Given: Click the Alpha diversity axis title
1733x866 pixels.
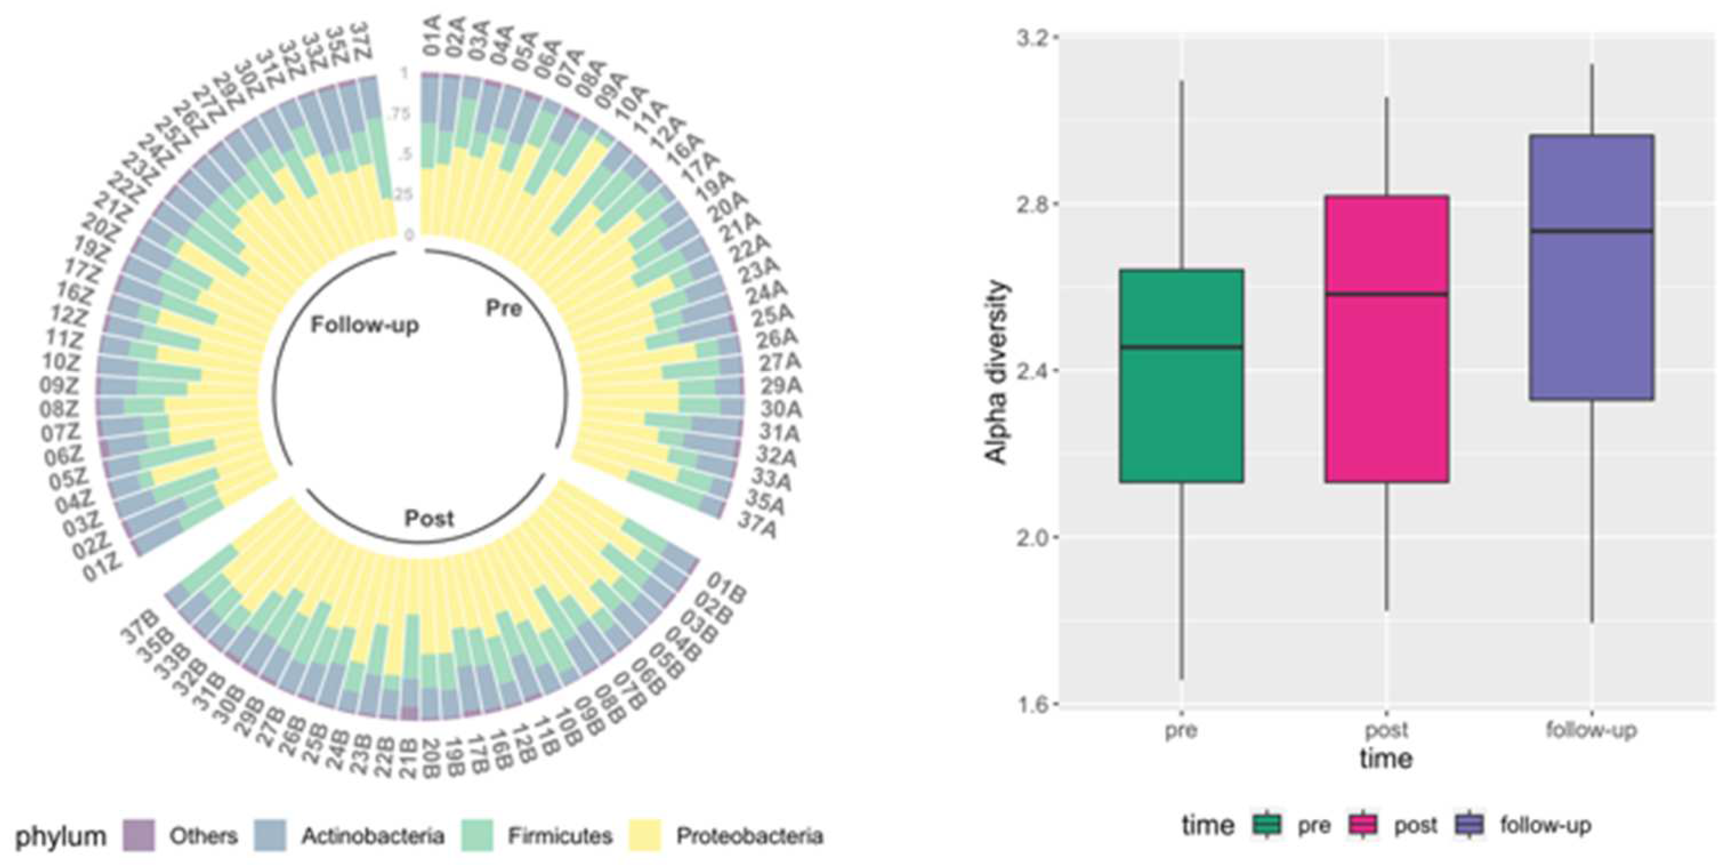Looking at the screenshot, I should point(997,372).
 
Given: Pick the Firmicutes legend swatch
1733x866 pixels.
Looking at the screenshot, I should point(477,836).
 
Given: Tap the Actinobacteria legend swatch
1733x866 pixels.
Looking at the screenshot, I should point(270,836).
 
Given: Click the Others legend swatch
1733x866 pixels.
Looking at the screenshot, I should point(139,836).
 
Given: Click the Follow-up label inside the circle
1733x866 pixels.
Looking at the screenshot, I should point(365,325).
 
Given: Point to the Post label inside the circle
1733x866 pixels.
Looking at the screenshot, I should point(429,518).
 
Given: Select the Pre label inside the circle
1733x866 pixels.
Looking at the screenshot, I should point(503,309).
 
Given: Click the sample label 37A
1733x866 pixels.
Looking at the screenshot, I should point(758,524).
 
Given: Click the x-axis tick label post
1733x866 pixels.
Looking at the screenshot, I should point(1387,730).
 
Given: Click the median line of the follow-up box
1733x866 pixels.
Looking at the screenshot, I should point(1591,231).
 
